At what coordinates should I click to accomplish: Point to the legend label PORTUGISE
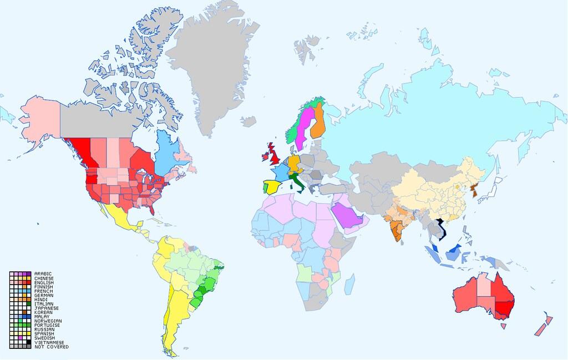tap(47, 326)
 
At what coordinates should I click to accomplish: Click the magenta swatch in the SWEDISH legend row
tap(21, 338)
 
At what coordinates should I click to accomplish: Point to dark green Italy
tap(297, 181)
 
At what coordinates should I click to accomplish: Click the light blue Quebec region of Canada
tap(166, 153)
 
